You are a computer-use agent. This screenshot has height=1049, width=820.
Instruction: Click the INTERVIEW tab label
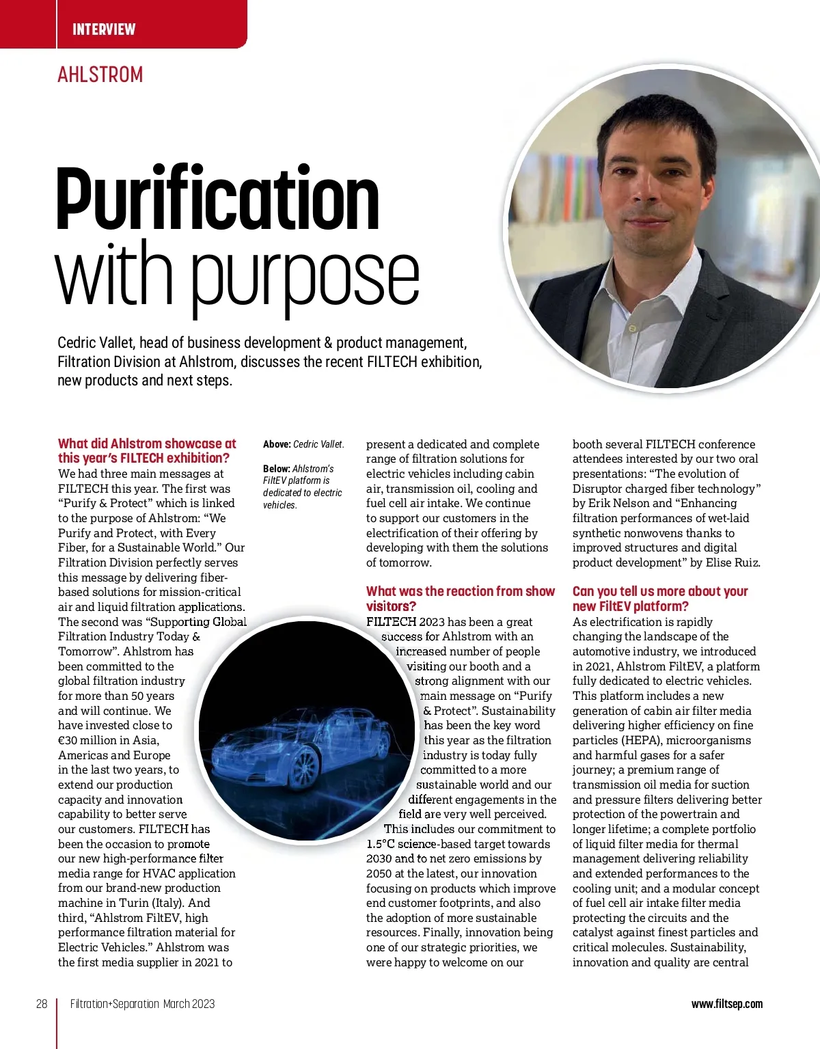pyautogui.click(x=104, y=29)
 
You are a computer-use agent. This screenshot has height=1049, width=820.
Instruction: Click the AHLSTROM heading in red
pyautogui.click(x=100, y=74)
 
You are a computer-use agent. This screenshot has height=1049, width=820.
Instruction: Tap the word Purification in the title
pyautogui.click(x=217, y=200)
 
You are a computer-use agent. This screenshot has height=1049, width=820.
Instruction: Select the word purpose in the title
pyautogui.click(x=305, y=277)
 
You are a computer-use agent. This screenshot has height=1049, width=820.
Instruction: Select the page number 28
pyautogui.click(x=42, y=1004)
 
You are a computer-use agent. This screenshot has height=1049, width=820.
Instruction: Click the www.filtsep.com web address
pyautogui.click(x=727, y=1004)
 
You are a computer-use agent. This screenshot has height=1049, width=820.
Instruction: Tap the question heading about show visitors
pyautogui.click(x=460, y=599)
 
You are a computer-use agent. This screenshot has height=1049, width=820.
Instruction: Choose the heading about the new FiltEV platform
pyautogui.click(x=660, y=599)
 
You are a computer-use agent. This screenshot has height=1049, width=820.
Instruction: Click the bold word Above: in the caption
pyautogui.click(x=277, y=444)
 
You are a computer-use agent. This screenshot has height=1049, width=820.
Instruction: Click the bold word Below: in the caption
pyautogui.click(x=277, y=469)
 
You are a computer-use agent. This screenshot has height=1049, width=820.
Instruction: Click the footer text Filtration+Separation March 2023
pyautogui.click(x=142, y=1004)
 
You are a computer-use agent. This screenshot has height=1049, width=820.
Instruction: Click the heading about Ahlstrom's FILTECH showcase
pyautogui.click(x=147, y=451)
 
